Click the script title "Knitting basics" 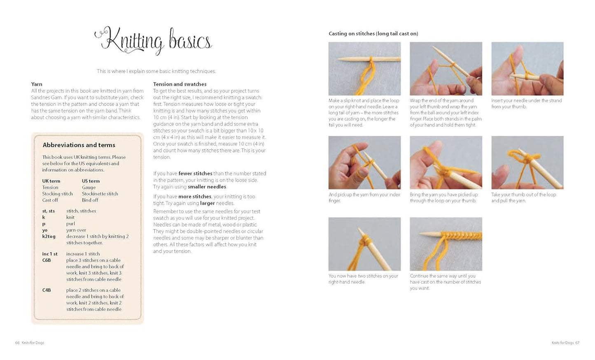pos(153,41)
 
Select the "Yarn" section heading pos(37,84)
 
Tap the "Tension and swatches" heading pos(180,84)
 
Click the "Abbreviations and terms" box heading pos(79,145)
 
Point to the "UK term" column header pos(51,181)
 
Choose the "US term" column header pos(91,181)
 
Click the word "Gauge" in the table pos(89,187)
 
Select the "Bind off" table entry pos(90,200)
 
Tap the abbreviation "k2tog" pos(49,237)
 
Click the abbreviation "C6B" pos(47,260)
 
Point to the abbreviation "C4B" pos(47,290)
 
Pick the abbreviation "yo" pos(44,230)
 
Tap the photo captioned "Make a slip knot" pos(364,69)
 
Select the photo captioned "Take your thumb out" pos(527,163)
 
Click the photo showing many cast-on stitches pos(446,244)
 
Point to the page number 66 pos(17,343)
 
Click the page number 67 pos(577,343)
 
